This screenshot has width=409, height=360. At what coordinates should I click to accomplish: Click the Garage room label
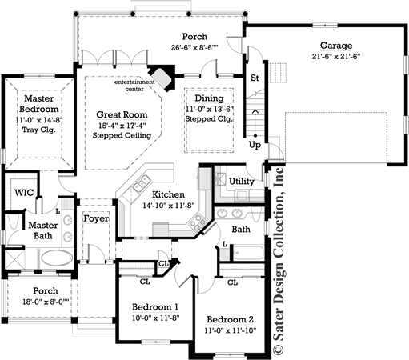tap(337, 46)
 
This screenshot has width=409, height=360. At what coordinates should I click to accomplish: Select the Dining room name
tap(208, 98)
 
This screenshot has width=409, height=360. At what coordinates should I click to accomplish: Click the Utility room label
tap(241, 182)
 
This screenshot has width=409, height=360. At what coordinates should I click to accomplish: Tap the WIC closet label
tap(21, 193)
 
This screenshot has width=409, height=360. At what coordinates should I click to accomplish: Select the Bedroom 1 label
tap(156, 307)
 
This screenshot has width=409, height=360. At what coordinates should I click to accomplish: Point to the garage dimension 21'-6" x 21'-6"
tap(337, 57)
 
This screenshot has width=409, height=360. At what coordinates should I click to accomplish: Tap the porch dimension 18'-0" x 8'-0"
tap(39, 303)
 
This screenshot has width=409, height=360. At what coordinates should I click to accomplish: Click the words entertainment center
tap(135, 86)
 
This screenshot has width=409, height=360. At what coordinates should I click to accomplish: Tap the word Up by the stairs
tap(255, 146)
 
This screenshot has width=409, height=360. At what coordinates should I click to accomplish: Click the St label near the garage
tap(255, 78)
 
